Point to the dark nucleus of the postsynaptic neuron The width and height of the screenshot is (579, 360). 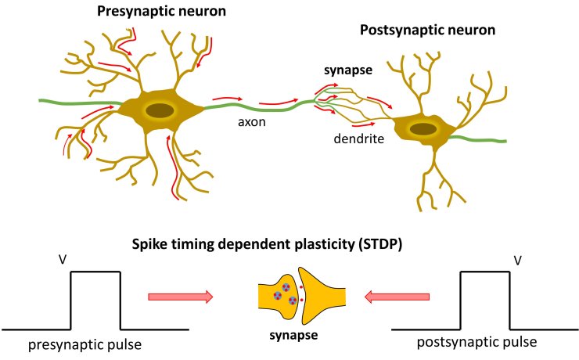[423, 128]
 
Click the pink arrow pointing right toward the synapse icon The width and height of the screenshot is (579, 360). [180, 297]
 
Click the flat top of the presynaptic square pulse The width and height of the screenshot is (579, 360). [96, 272]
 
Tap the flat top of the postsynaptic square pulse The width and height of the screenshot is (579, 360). [484, 272]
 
